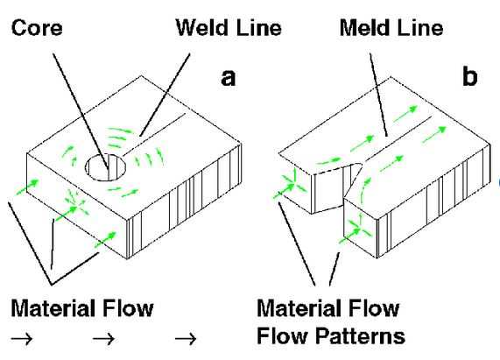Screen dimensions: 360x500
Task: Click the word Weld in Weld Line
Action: (x=199, y=28)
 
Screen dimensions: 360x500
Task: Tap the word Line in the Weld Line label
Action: (x=257, y=28)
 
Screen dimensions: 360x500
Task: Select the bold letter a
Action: (x=228, y=79)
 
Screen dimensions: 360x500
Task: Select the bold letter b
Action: (x=470, y=79)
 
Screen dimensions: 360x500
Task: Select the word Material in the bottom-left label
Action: (x=51, y=308)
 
